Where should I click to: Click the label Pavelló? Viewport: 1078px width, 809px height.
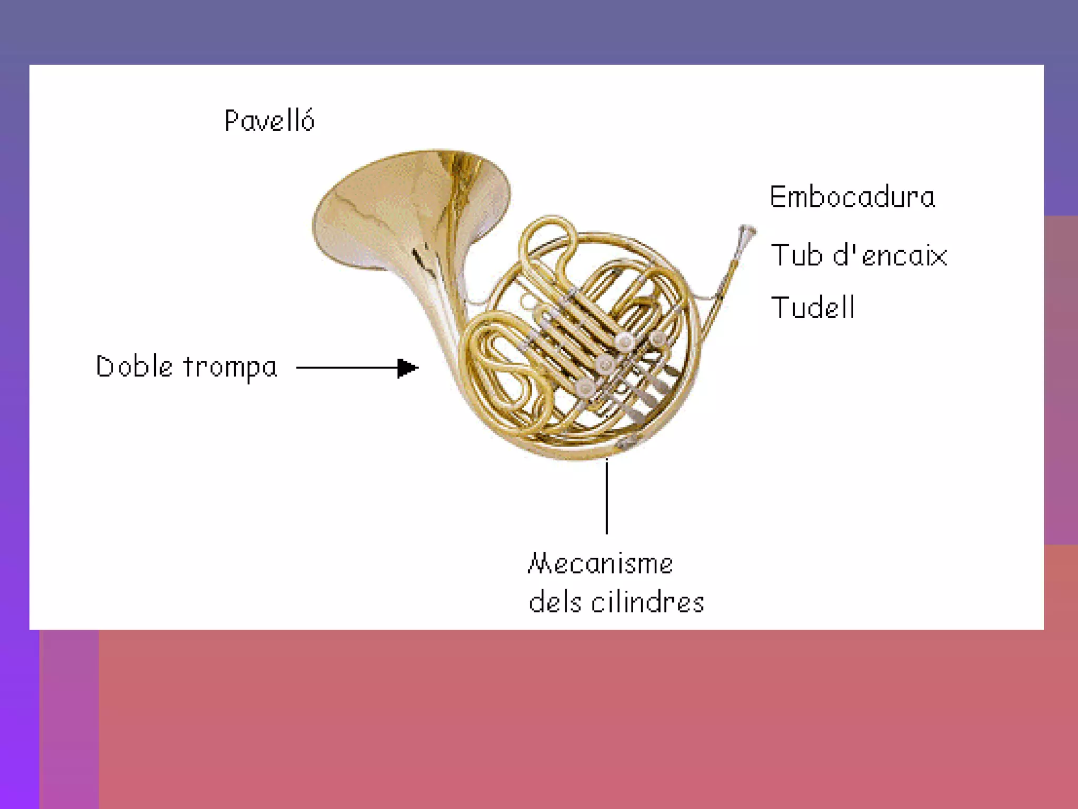[269, 121]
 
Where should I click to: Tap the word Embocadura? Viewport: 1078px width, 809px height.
[852, 197]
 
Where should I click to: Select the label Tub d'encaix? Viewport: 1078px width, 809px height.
[859, 255]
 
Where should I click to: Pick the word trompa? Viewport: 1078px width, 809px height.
[230, 368]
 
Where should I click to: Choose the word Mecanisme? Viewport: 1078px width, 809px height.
[601, 564]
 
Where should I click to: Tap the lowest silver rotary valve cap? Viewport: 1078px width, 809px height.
[585, 388]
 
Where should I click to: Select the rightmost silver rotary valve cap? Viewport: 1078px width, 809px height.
[657, 337]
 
